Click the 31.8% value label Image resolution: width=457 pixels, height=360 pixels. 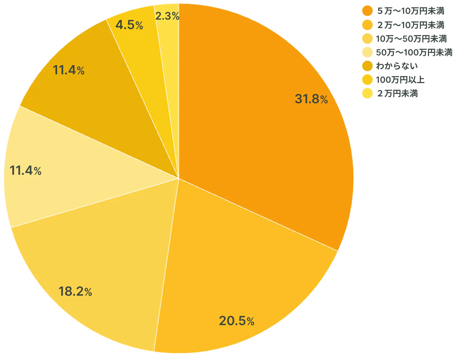point(311,99)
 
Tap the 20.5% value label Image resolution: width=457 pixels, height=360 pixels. point(237,321)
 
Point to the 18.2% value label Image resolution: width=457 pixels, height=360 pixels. point(75,291)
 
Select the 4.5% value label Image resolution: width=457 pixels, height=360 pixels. point(129,25)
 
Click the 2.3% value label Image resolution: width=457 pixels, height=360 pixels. point(167,16)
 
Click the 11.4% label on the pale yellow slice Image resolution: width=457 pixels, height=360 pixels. point(26,171)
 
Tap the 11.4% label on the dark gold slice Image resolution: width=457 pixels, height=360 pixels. point(69,70)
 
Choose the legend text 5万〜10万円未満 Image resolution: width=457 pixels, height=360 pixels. point(410,11)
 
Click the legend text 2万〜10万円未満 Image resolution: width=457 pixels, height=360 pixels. point(410,25)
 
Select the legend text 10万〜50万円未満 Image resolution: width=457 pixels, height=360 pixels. point(411,39)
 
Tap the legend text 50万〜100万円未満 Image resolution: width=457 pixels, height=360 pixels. point(414,53)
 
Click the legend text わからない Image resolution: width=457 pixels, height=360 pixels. point(397,66)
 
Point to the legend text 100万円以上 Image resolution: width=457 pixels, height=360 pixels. point(400,80)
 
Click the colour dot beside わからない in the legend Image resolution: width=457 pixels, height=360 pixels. point(367,66)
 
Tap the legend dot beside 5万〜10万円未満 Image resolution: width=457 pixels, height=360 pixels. point(367,11)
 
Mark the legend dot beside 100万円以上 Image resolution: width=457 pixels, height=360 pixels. point(367,80)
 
